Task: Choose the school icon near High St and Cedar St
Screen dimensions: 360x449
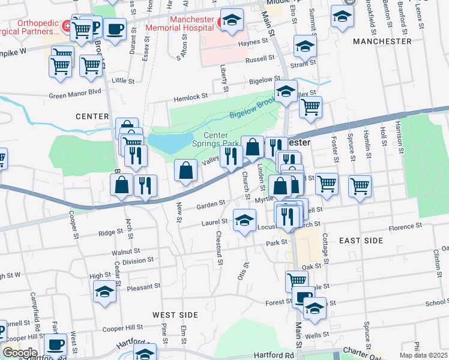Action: tap(104, 292)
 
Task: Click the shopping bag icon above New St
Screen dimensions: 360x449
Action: tap(185, 170)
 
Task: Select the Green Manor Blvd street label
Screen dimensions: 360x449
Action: tap(75, 94)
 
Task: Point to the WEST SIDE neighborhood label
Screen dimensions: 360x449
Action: tap(175, 314)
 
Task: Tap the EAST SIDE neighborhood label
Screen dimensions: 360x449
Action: tap(361, 240)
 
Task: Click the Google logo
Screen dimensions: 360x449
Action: tap(20, 353)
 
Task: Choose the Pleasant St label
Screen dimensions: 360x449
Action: tap(143, 288)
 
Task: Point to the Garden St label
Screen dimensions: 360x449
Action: tap(211, 205)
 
